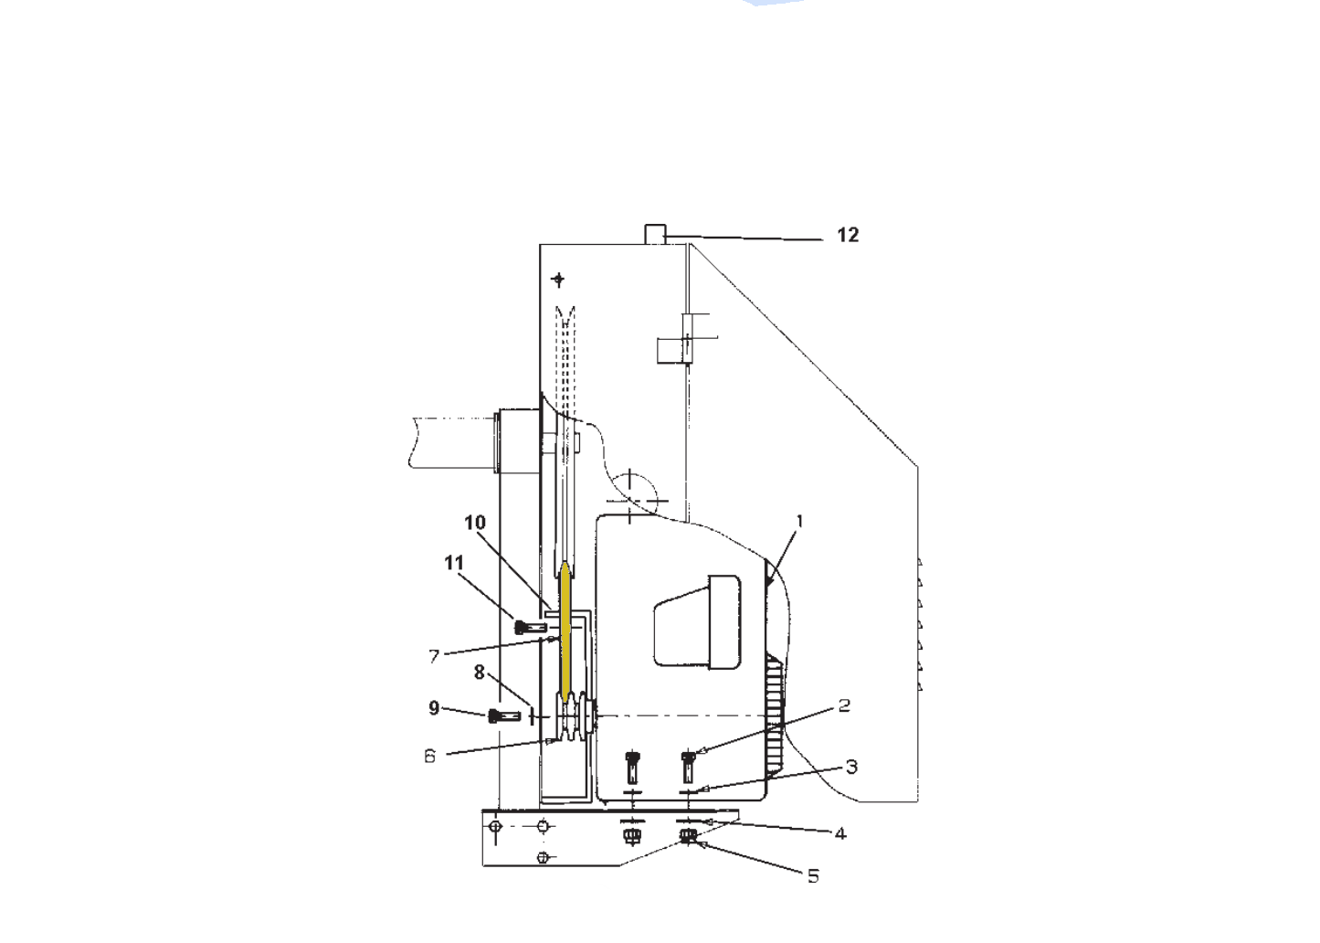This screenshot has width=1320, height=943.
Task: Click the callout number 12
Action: point(848,235)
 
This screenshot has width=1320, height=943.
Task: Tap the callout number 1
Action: point(799,521)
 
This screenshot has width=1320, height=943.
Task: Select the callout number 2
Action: point(844,705)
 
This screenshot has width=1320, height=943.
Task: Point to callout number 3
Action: point(851,767)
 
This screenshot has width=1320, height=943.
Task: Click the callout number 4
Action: point(840,833)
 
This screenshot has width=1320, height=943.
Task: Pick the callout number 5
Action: point(813,876)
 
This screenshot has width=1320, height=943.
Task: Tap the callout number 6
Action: point(430,756)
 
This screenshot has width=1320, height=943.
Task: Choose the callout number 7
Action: point(434,656)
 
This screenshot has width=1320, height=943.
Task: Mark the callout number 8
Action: point(480,672)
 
